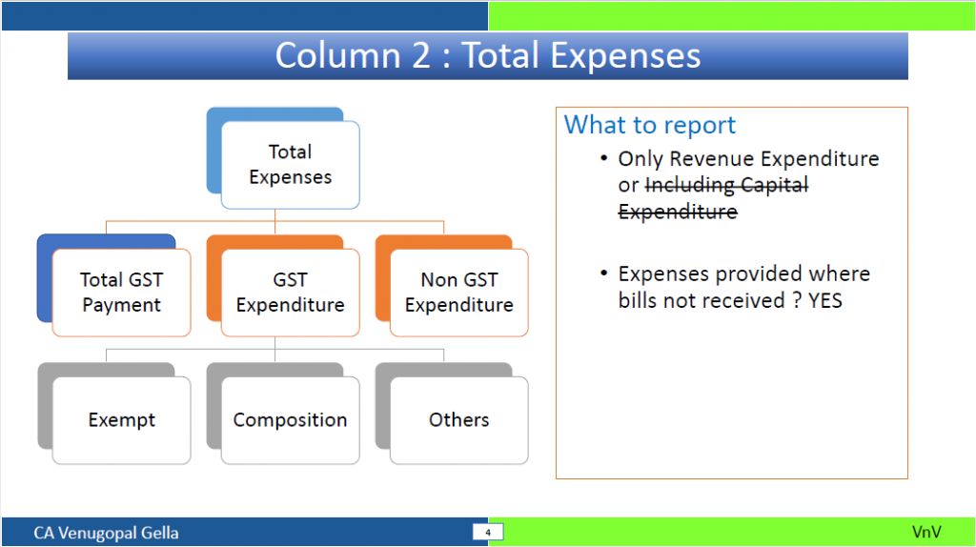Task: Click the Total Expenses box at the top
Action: click(290, 165)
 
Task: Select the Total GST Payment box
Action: click(121, 293)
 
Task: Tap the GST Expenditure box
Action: click(290, 293)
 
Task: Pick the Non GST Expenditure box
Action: click(459, 293)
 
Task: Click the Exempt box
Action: click(121, 420)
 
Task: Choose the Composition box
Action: click(290, 420)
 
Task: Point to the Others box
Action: click(459, 420)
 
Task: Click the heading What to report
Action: click(650, 125)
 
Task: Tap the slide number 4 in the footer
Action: click(488, 533)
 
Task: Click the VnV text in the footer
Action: click(926, 532)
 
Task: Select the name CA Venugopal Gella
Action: click(106, 534)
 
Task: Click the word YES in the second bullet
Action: click(824, 300)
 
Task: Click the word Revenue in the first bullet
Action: click(712, 159)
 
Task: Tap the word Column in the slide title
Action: click(339, 55)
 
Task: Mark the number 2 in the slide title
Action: click(421, 55)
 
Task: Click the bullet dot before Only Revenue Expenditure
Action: click(603, 158)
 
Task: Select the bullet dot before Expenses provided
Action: click(603, 273)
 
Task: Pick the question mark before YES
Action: click(797, 300)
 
